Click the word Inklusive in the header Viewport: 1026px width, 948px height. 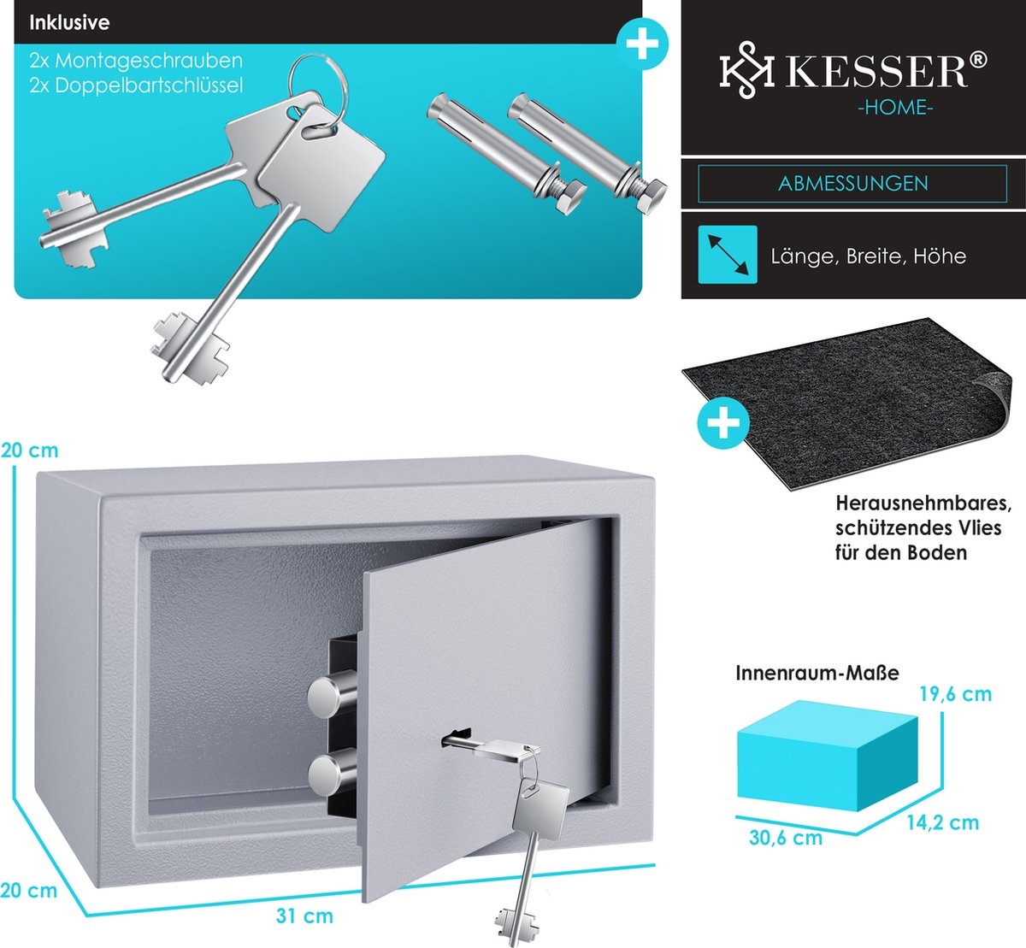(x=69, y=22)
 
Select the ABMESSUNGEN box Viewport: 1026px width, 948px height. (x=852, y=184)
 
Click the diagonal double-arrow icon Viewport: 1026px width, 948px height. (x=728, y=255)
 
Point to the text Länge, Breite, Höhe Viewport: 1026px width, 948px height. (x=868, y=256)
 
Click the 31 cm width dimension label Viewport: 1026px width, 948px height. (x=304, y=916)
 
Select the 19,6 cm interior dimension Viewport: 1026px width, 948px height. (x=956, y=694)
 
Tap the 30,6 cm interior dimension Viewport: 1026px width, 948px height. (x=785, y=838)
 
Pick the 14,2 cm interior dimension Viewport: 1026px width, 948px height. (x=942, y=823)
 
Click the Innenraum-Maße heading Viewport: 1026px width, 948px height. (x=817, y=673)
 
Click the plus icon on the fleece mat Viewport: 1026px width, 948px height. (x=724, y=423)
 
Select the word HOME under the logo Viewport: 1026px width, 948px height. (x=896, y=109)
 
